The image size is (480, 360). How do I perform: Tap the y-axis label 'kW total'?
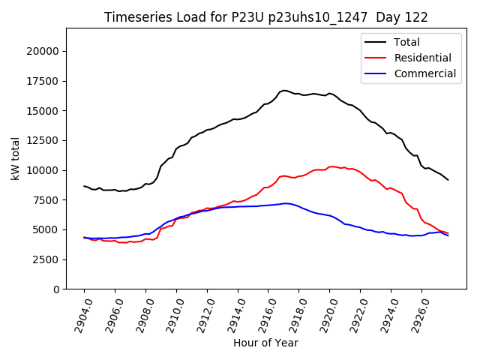pyautogui.click(x=15, y=158)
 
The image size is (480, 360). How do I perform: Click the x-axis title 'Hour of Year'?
pyautogui.click(x=265, y=343)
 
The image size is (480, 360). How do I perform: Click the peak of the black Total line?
pyautogui.click(x=284, y=90)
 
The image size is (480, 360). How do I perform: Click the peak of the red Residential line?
pyautogui.click(x=331, y=166)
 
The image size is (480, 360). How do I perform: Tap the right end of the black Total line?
pyautogui.click(x=448, y=180)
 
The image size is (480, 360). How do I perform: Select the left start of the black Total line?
pyautogui.click(x=84, y=186)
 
